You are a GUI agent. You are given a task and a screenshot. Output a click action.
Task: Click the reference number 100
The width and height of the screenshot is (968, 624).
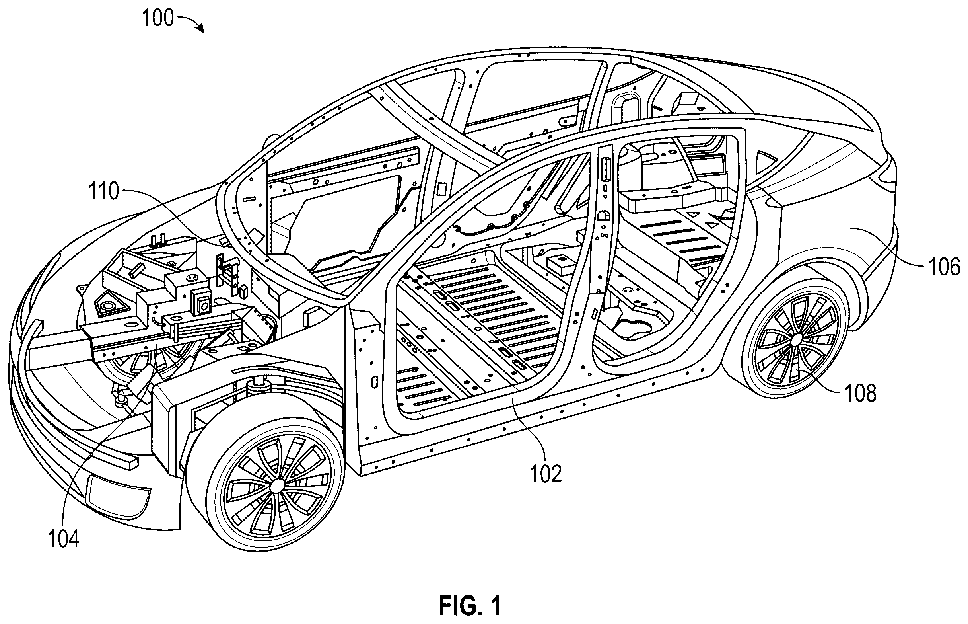pos(158,19)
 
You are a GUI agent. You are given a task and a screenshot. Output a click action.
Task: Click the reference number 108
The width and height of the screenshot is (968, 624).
pos(860,393)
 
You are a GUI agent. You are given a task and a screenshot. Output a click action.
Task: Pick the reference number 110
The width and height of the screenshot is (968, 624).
pos(104,191)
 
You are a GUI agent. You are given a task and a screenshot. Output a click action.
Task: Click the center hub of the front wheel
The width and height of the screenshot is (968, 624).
pos(278,486)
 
